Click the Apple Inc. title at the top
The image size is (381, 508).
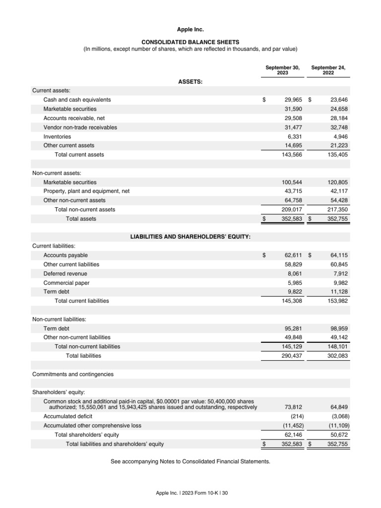pos(190,30)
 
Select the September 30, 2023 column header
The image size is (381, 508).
pos(282,70)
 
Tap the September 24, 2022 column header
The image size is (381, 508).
pos(328,70)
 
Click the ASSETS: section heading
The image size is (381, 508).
pos(190,82)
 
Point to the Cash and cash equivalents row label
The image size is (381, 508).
pos(77,100)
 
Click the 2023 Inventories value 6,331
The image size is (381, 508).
pos(293,136)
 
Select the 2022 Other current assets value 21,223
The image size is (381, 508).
pos(338,145)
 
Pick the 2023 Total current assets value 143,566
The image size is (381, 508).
pos(292,155)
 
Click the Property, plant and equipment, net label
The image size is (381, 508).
pos(86,191)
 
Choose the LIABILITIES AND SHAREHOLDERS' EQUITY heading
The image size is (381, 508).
pos(190,237)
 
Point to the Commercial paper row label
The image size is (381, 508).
pos(66,283)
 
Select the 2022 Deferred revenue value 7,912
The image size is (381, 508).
pos(341,273)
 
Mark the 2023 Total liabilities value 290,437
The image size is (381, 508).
pos(292,356)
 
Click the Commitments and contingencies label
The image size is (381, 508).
pos(73,374)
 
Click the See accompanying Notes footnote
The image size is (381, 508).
pos(190,461)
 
